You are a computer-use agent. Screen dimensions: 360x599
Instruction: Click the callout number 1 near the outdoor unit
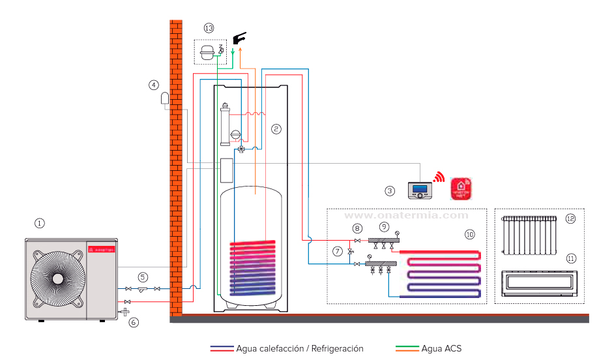(x=39, y=223)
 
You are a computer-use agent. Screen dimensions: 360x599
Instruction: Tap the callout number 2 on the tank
(x=276, y=129)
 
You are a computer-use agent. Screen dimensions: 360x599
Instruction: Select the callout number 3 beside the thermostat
(x=390, y=191)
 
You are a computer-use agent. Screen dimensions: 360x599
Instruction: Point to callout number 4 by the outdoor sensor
(x=153, y=85)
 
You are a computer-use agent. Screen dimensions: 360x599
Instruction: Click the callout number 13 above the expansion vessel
(x=209, y=28)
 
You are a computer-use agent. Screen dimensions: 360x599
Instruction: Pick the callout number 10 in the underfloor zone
(x=470, y=233)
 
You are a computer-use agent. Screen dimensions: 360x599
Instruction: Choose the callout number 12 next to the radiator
(x=570, y=218)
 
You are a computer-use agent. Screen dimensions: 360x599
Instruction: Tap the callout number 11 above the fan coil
(x=570, y=258)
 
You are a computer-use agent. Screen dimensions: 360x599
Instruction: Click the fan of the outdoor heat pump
(x=57, y=277)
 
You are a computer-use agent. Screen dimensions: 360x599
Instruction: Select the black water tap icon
(x=239, y=38)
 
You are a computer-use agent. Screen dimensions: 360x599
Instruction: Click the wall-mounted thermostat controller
(x=420, y=190)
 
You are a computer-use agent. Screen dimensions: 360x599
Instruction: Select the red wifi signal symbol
(x=439, y=177)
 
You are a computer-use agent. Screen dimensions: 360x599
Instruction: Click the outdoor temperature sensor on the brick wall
(x=164, y=99)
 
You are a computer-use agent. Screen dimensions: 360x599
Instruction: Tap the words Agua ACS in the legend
(x=441, y=349)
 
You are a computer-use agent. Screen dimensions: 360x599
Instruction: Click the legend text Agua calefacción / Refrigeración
(x=300, y=349)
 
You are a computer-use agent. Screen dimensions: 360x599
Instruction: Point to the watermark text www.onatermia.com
(x=406, y=215)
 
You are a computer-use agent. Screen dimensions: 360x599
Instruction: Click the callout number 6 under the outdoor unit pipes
(x=134, y=322)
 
